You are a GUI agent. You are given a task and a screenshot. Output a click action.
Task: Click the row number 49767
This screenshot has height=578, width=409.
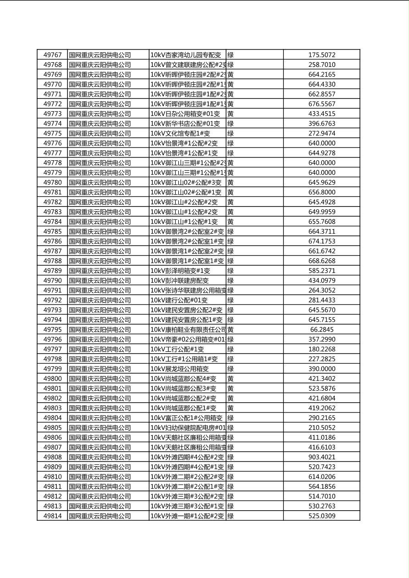click(52, 55)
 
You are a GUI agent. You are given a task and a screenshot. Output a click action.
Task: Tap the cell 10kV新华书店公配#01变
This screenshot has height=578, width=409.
click(185, 124)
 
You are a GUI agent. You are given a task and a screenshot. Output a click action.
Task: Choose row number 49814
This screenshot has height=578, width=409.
click(52, 516)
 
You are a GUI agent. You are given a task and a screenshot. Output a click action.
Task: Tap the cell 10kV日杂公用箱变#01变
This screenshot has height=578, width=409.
click(185, 114)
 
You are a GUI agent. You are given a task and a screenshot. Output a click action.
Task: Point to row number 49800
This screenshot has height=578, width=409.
click(52, 379)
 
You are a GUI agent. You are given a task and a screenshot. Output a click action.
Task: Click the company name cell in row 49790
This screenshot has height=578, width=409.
click(100, 281)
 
